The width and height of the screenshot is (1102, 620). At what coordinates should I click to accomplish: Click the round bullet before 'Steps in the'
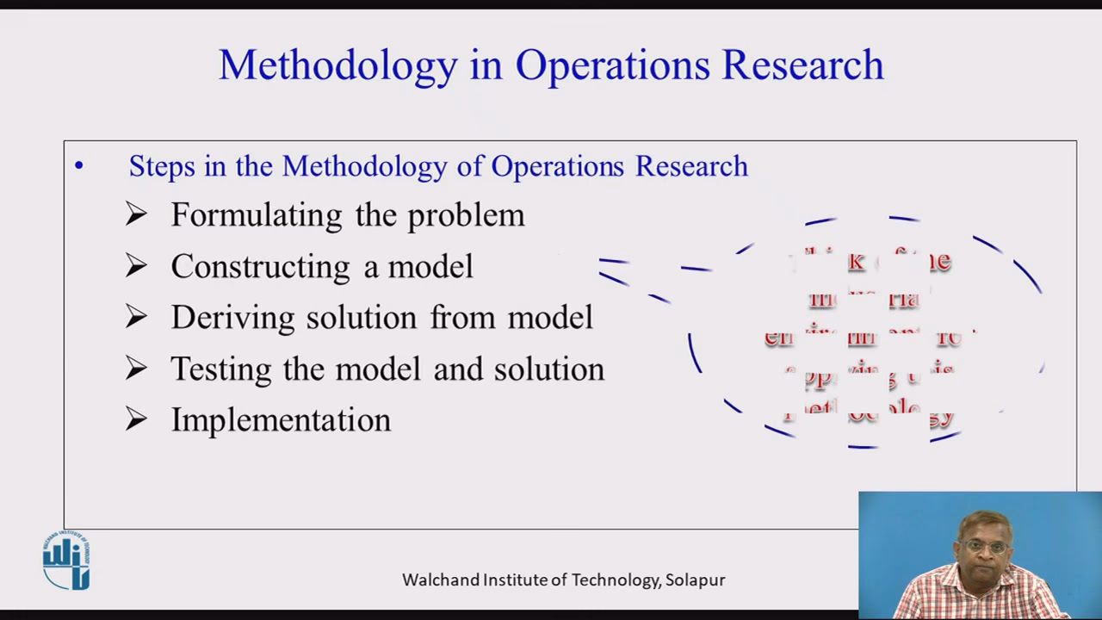tap(79, 166)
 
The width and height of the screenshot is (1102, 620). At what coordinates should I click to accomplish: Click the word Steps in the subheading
tap(162, 166)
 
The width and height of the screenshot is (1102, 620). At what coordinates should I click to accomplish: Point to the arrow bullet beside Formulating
tap(136, 214)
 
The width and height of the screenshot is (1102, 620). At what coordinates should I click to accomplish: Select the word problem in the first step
tap(466, 215)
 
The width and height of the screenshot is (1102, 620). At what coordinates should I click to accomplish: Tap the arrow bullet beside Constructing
tap(136, 266)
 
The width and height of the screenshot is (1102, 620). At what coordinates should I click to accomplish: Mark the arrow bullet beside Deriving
tap(136, 317)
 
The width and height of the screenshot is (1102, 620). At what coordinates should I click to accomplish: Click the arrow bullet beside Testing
tap(136, 369)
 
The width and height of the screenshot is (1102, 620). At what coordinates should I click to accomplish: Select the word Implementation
tap(281, 420)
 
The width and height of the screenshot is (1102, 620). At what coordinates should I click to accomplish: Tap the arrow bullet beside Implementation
tap(136, 419)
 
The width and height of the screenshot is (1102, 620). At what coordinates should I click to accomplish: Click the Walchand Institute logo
tap(66, 561)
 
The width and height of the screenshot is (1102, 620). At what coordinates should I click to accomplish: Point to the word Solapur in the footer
tap(696, 580)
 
